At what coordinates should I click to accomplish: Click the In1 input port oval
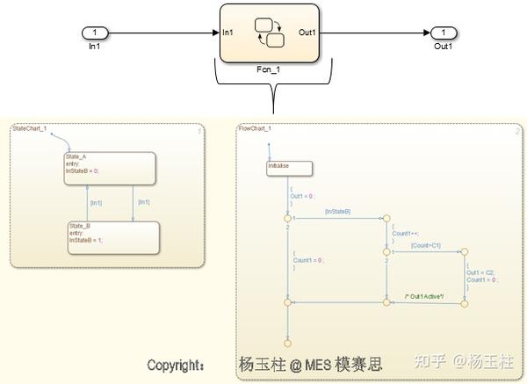pos(94,33)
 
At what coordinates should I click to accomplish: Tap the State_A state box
pos(110,168)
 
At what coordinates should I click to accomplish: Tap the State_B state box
pos(114,236)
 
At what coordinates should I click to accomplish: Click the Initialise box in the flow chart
pos(289,167)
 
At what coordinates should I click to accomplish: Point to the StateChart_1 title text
pos(30,128)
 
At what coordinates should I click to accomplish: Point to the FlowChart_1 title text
pos(256,129)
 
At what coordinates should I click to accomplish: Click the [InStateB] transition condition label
pos(337,212)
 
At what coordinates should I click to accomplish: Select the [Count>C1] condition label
pos(425,245)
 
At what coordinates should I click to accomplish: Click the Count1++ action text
pos(403,234)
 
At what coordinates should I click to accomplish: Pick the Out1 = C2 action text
pos(481,272)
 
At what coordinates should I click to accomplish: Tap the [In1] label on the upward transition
pos(96,203)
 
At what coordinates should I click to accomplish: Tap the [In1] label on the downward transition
pos(142,203)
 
